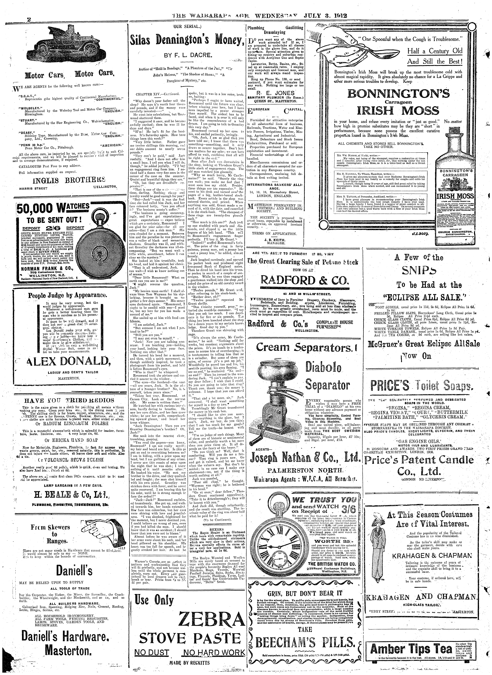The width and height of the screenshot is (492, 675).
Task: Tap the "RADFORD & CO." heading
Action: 304,281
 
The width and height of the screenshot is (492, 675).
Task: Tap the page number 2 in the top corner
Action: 29,20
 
